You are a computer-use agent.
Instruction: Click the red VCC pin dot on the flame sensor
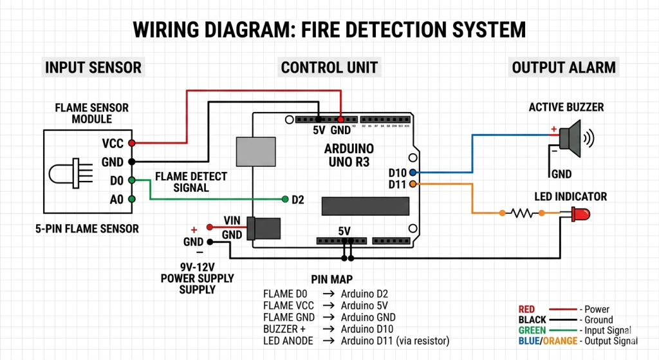point(131,143)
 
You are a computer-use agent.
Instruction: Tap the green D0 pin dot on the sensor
point(131,180)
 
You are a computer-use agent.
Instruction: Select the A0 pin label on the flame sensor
point(116,200)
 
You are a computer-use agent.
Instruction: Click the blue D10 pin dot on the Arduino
point(412,173)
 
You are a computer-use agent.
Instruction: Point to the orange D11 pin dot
point(412,185)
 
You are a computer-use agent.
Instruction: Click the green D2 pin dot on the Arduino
point(284,199)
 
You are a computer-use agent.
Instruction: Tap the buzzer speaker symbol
point(571,138)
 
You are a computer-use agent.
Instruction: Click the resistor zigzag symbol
point(522,213)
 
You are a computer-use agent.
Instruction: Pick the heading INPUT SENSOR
point(93,67)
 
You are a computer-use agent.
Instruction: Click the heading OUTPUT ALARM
point(564,67)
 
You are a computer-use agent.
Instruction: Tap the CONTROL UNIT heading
point(329,67)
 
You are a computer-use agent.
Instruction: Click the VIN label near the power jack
point(232,221)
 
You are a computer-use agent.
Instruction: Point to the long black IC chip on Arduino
point(365,205)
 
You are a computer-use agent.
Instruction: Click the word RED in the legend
point(526,310)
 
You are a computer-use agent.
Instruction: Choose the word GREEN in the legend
point(532,330)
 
